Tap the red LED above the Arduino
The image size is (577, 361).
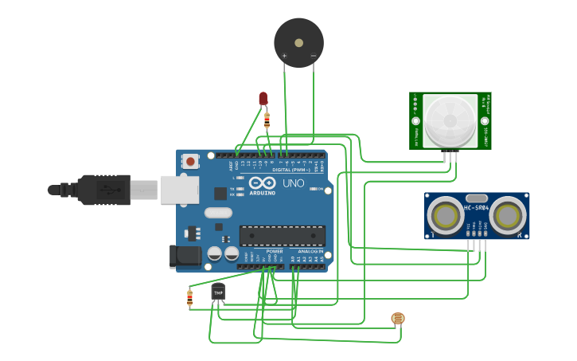pyautogui.click(x=263, y=98)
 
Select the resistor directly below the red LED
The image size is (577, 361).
pyautogui.click(x=266, y=120)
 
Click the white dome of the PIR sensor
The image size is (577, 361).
pyautogui.click(x=450, y=120)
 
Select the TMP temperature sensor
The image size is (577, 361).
pyautogui.click(x=218, y=292)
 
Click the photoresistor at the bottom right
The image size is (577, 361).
pyautogui.click(x=398, y=319)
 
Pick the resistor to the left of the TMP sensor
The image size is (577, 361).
pyautogui.click(x=189, y=298)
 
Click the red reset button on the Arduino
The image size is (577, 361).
pyautogui.click(x=190, y=161)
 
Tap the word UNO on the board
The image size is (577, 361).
pyautogui.click(x=293, y=184)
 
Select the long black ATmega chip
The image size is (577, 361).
pyautogui.click(x=283, y=235)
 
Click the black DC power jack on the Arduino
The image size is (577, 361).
pyautogui.click(x=183, y=256)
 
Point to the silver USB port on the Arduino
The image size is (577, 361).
pyautogui.click(x=178, y=190)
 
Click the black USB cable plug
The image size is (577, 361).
pyautogui.click(x=103, y=190)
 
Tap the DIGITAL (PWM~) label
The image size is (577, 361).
pyautogui.click(x=292, y=170)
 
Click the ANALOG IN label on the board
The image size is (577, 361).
pyautogui.click(x=310, y=251)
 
